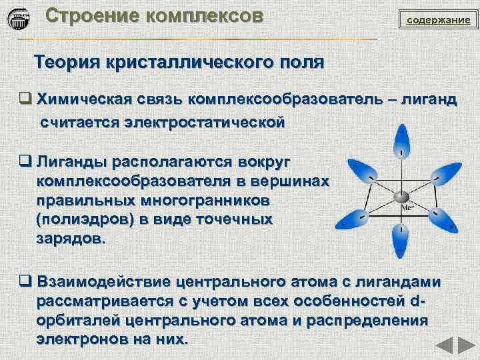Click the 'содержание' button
point(438,20)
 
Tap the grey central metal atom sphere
point(401,197)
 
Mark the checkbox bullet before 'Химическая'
point(25,100)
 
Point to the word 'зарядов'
point(69,238)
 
